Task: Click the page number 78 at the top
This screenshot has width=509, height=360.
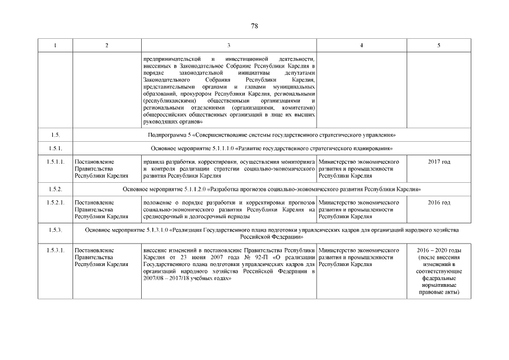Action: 254,26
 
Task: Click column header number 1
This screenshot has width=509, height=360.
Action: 55,45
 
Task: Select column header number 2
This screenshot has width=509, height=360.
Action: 107,45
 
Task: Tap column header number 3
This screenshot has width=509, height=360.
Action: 228,45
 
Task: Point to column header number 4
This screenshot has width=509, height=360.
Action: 361,45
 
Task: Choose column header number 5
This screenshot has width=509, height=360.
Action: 439,45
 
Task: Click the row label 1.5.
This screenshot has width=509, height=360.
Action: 55,135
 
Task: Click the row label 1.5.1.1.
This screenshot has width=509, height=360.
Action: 55,162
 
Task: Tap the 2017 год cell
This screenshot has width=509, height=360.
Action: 439,162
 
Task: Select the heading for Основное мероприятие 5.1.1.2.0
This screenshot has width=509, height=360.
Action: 271,189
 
